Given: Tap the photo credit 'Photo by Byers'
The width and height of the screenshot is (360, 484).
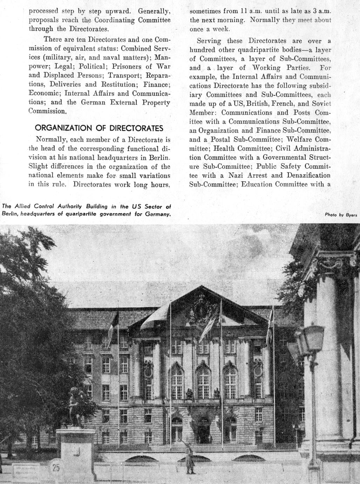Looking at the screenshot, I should [341, 215].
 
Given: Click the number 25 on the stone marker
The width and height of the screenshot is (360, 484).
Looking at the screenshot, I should [56, 467].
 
